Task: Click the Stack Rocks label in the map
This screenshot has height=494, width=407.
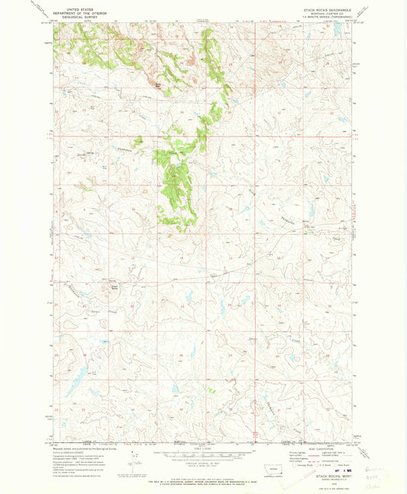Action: click(x=117, y=287)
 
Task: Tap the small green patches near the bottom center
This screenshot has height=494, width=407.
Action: click(x=212, y=390)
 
